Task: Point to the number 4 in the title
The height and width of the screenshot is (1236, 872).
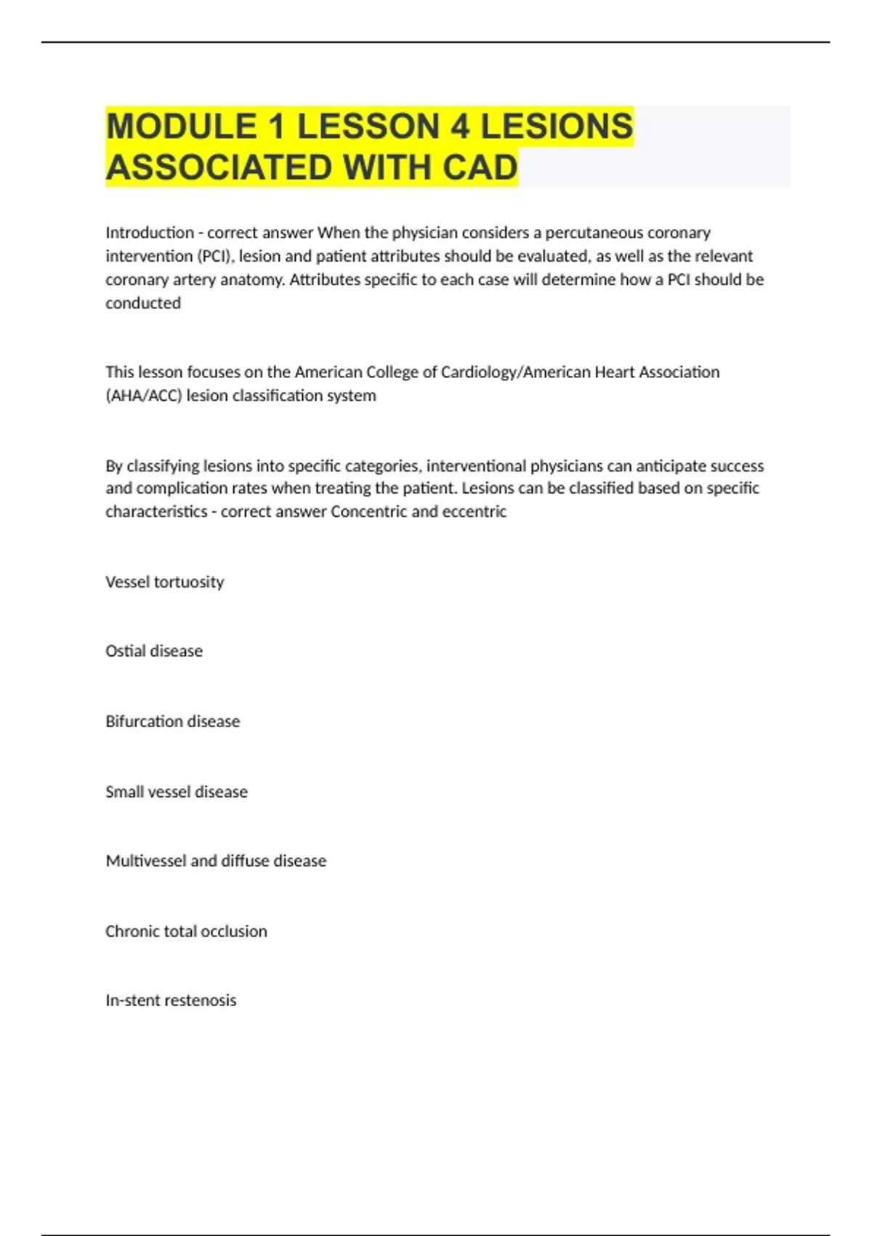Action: pos(460,127)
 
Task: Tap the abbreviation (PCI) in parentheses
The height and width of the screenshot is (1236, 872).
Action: pos(213,256)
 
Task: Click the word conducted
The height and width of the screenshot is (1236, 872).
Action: pos(143,303)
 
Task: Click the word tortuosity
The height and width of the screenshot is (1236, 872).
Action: pos(189,582)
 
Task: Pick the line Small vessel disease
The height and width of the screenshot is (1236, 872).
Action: pos(177,792)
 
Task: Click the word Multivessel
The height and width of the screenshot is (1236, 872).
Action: pos(145,861)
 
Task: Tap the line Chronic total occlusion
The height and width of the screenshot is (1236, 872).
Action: pos(186,931)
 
